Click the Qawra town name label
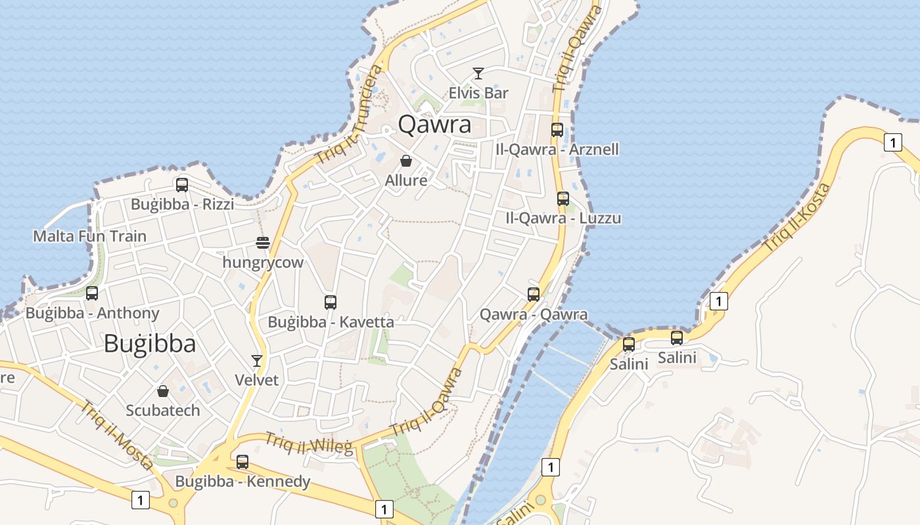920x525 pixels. point(435,124)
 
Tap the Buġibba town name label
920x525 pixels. point(150,343)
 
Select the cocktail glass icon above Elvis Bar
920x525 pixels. point(478,73)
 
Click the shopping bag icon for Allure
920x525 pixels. point(406,161)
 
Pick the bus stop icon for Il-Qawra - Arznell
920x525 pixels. point(557,130)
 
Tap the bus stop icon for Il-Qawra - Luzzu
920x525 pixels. point(563,199)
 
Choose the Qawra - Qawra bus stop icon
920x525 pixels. point(534,295)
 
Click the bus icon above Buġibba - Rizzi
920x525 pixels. point(182,185)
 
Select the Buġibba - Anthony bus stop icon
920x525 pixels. point(92,293)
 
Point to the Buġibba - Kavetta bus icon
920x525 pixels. point(331,303)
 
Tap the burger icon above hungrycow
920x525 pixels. point(263,243)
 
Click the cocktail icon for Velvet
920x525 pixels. point(257,361)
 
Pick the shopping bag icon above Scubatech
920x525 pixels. point(163,392)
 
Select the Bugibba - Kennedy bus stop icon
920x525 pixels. point(242,462)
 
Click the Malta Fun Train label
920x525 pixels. point(90,236)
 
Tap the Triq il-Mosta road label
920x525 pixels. point(117,434)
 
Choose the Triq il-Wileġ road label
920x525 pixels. point(309,444)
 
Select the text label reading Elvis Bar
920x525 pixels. point(478,93)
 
